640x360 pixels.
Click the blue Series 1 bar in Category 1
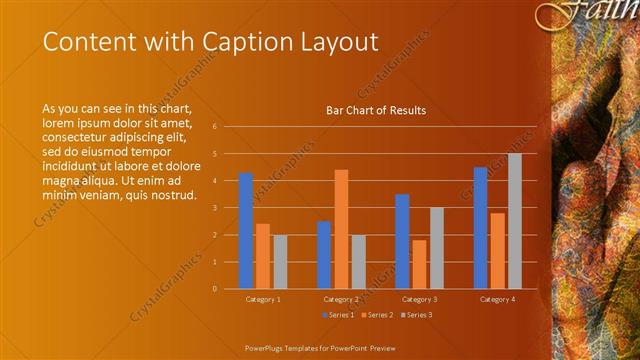(246, 231)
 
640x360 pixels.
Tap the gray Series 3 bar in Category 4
(515, 221)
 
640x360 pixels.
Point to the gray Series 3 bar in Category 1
(280, 262)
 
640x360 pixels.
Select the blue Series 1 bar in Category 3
(402, 241)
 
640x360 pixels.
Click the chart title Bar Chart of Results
(376, 110)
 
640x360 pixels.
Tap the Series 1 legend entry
(338, 314)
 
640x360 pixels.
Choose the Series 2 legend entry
(376, 314)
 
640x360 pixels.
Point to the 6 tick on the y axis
(214, 127)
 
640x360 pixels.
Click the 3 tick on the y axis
(214, 208)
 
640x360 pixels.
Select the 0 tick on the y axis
(214, 289)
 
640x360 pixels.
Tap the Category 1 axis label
(263, 299)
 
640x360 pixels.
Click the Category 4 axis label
(497, 299)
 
